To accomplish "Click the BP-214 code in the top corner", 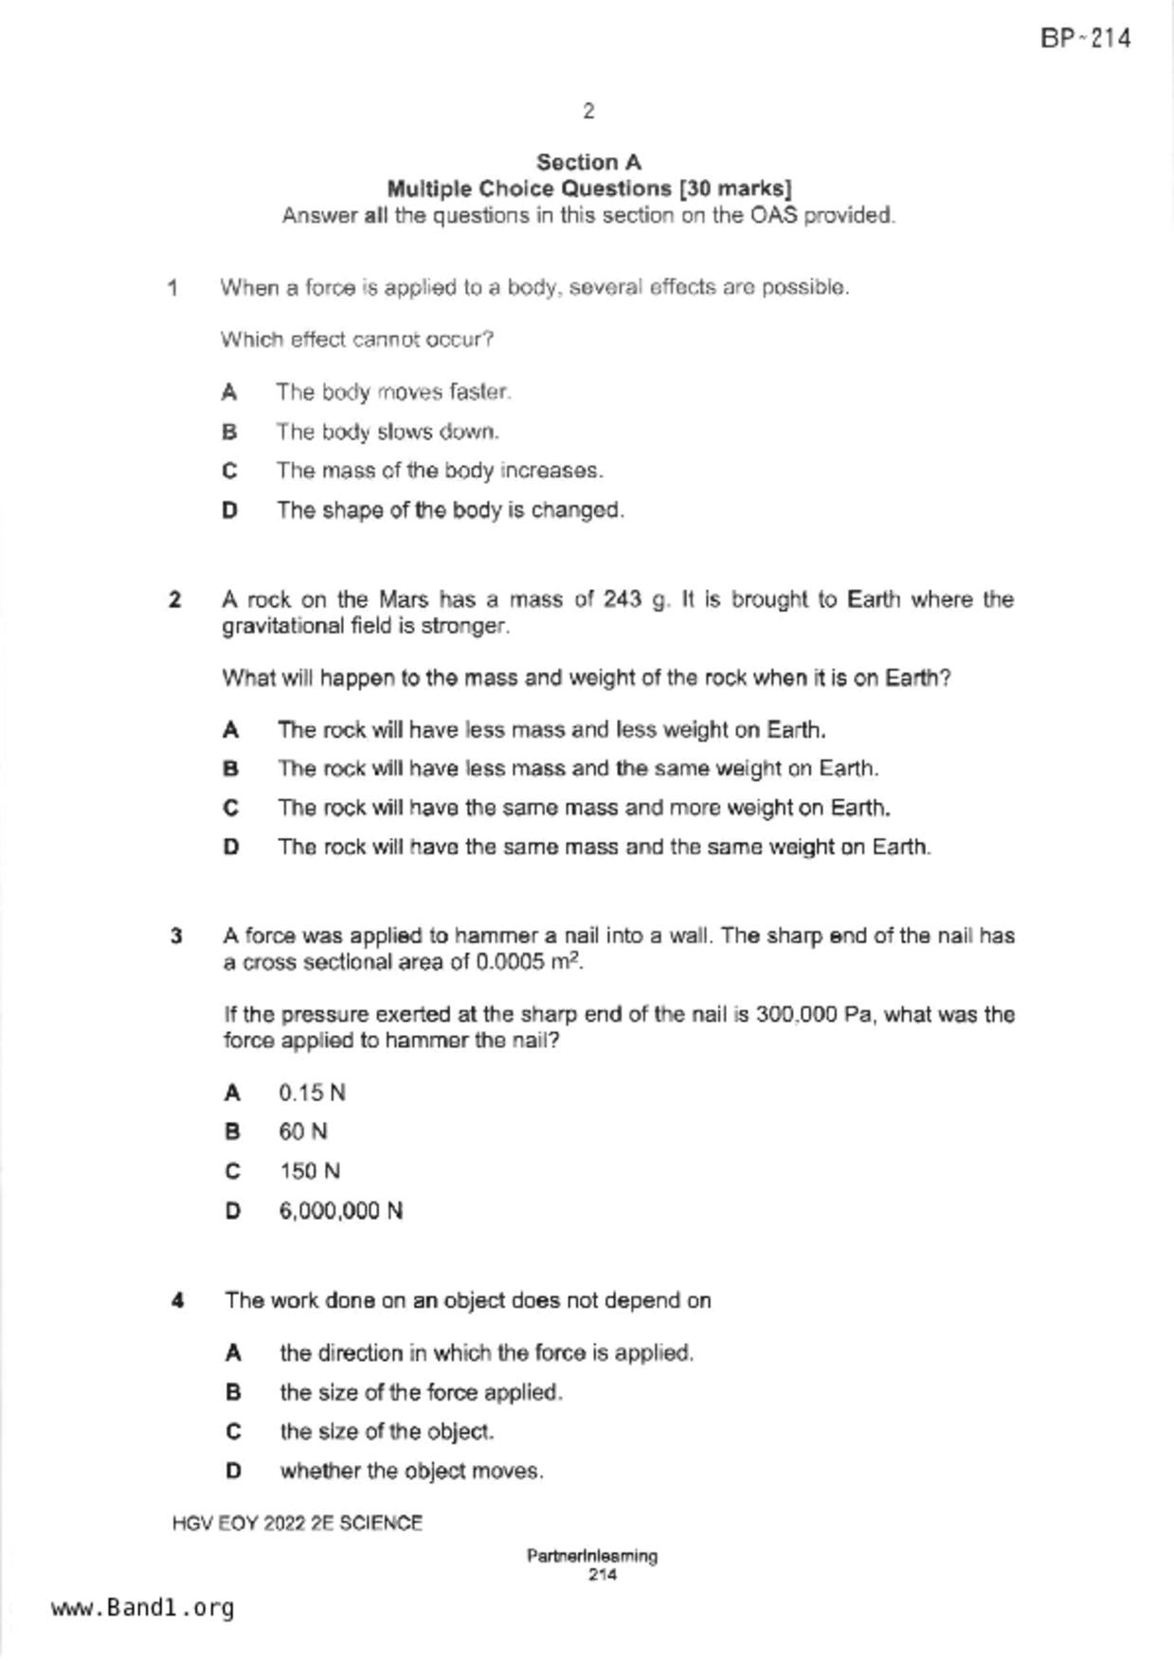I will (x=1085, y=39).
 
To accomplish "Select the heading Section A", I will (x=588, y=162).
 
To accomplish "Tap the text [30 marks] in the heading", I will (x=735, y=188).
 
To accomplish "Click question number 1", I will (x=172, y=288).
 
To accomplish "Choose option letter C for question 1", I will (x=229, y=471).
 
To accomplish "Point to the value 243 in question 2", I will (x=623, y=599).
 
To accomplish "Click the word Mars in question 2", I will (x=403, y=599).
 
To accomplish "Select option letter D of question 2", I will (x=231, y=847).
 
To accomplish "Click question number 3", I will (x=176, y=937).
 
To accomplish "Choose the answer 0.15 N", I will (x=312, y=1093).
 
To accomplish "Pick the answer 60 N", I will (x=303, y=1132).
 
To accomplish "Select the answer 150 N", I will (x=310, y=1171).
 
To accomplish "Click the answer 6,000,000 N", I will (x=341, y=1211).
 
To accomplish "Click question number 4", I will (x=177, y=1301).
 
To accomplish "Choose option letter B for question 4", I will (x=233, y=1392).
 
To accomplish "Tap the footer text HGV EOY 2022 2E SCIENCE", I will (x=298, y=1524).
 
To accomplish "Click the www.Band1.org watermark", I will (x=142, y=1608).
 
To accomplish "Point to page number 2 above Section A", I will (x=588, y=112).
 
